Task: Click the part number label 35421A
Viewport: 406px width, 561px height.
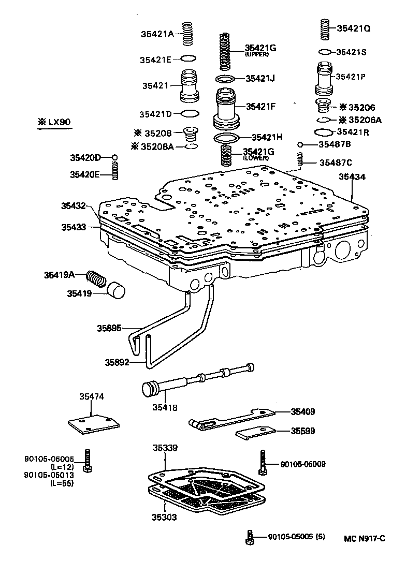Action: (157, 34)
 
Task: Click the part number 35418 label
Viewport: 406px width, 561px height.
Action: (165, 407)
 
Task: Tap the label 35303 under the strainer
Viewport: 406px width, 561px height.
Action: (165, 516)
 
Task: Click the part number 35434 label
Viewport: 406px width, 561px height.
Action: (352, 177)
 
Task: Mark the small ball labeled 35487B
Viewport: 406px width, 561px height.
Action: (300, 144)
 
